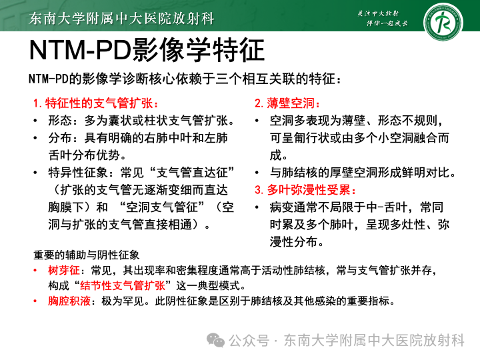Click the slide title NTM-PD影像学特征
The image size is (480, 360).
(147, 51)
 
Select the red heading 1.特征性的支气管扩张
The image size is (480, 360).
(96, 104)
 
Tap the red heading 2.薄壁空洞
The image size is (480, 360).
(287, 104)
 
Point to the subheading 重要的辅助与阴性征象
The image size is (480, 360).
(86, 255)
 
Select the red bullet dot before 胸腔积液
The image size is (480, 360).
(35, 301)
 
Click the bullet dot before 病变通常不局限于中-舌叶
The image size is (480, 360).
(258, 207)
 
